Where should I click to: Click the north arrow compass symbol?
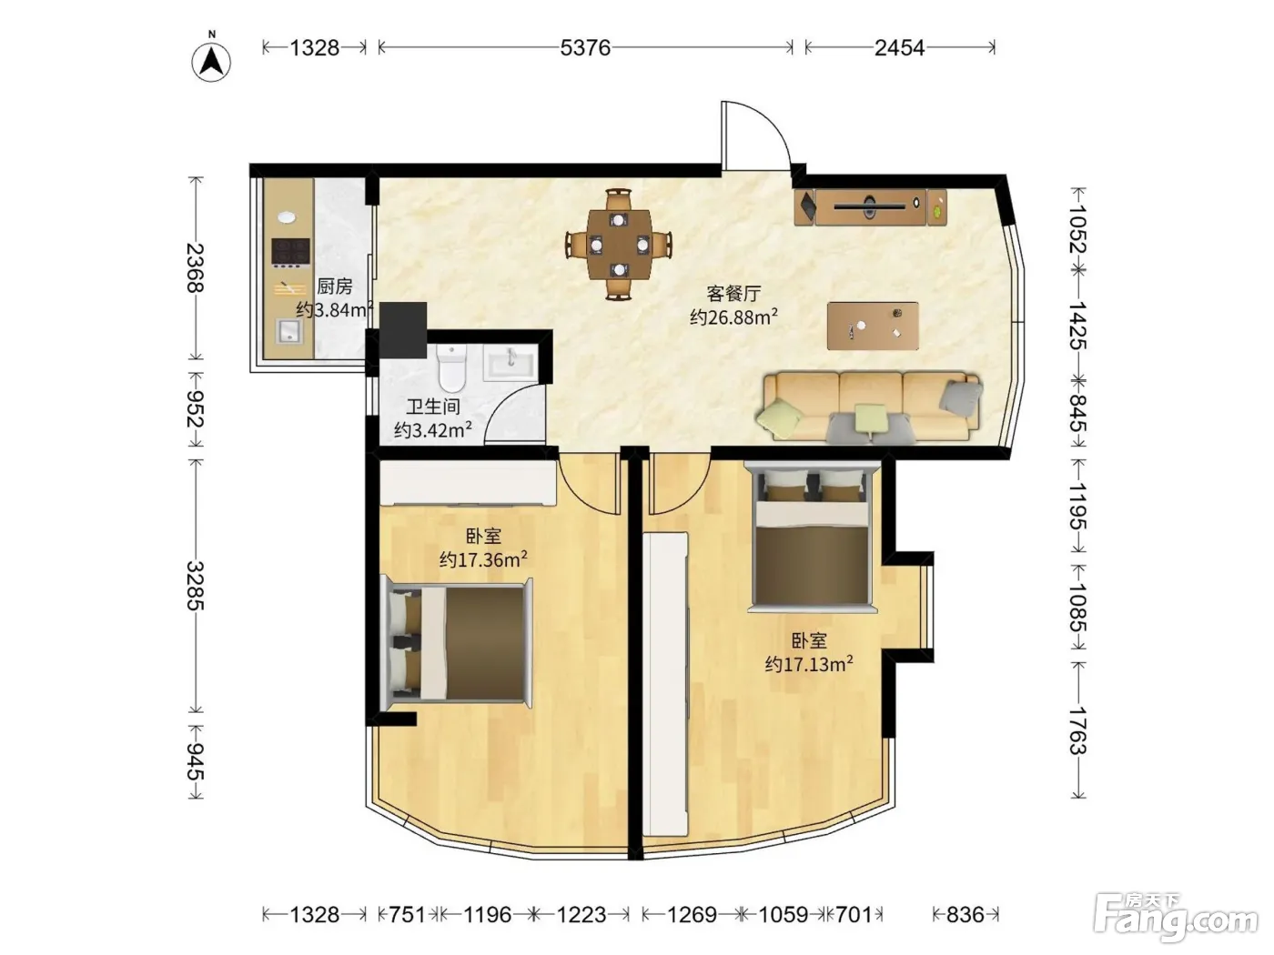point(211,61)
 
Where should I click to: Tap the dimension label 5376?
point(585,47)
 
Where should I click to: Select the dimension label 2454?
point(899,47)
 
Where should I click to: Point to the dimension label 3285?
point(196,586)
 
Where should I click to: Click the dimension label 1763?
point(1077,729)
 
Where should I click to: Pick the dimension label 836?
point(966,914)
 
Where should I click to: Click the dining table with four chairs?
point(620,244)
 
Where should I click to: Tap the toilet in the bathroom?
point(452,367)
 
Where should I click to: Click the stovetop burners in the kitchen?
point(290,254)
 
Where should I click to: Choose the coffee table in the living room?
point(873,326)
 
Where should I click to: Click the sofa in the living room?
point(869,407)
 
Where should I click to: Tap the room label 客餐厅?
point(733,294)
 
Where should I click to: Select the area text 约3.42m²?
point(433,429)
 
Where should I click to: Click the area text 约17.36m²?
point(483,559)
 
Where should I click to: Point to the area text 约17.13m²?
point(809,664)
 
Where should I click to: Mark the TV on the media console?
point(869,206)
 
